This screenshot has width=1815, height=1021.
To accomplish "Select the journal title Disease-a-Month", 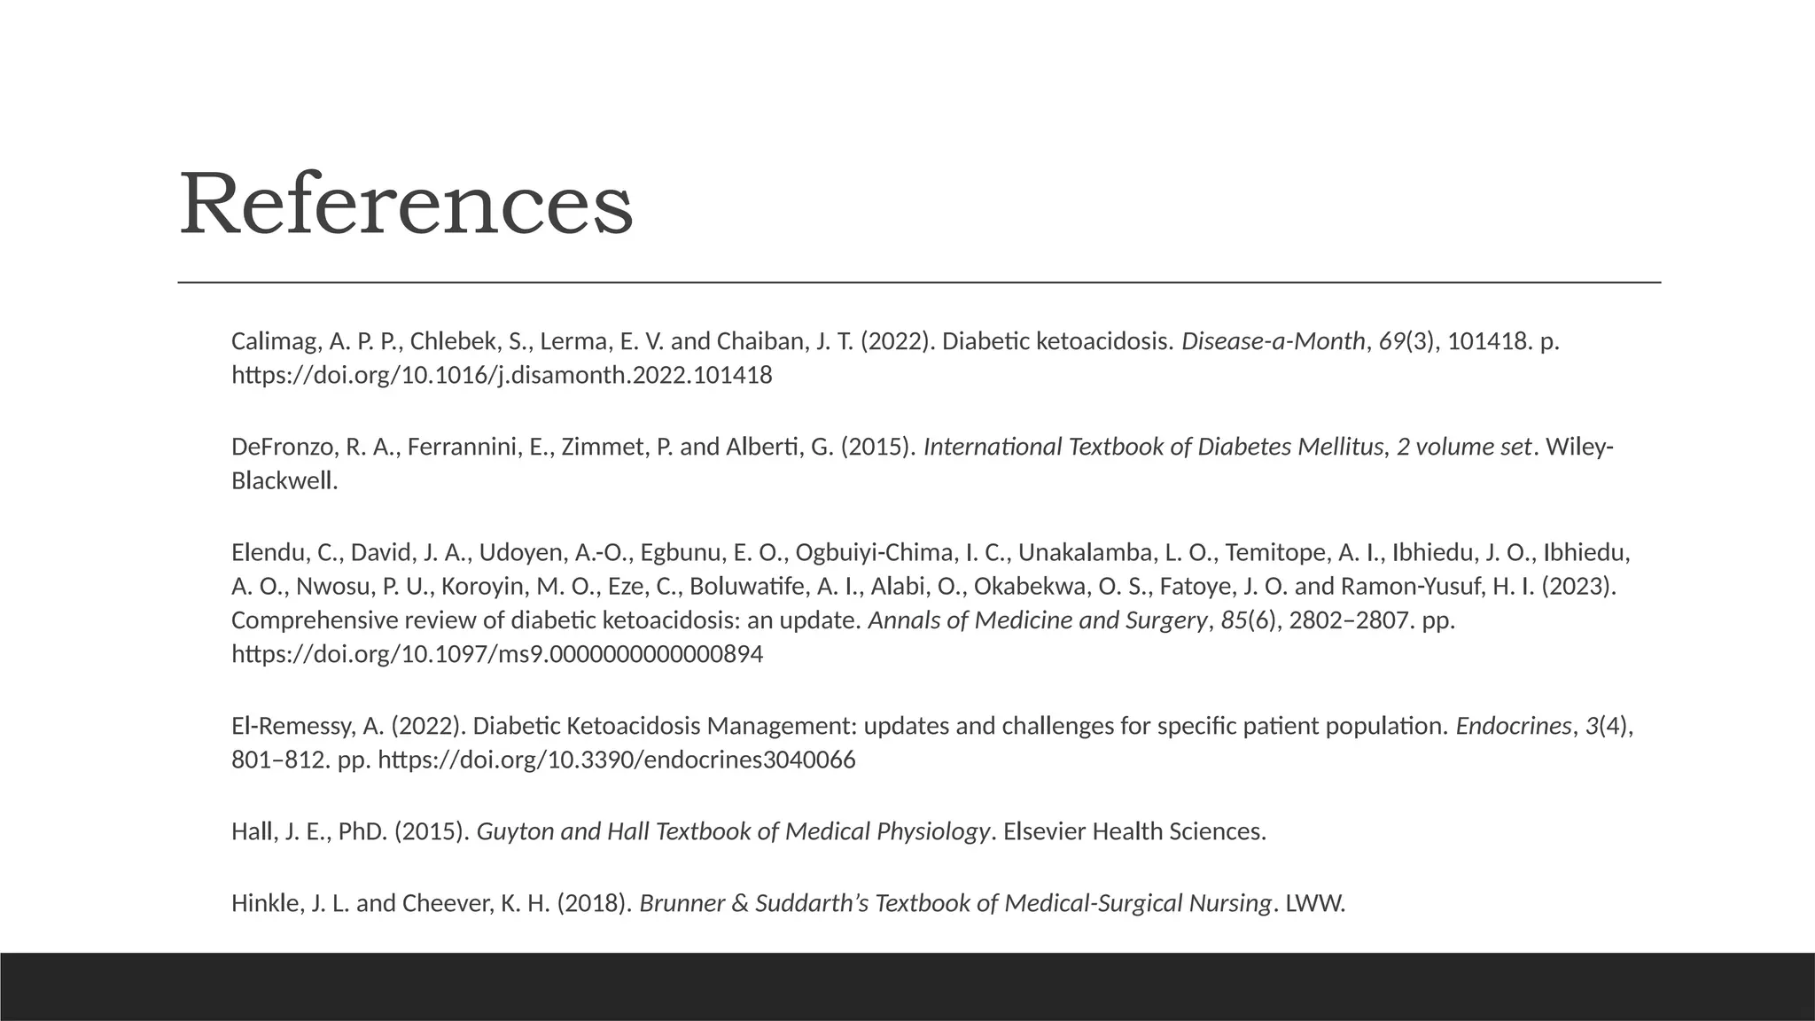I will click(x=1273, y=341).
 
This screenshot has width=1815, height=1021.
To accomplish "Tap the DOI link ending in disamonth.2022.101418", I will click(x=502, y=375).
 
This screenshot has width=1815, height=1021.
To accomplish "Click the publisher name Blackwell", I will click(x=284, y=480).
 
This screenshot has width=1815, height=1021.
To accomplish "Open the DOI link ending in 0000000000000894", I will click(x=497, y=654).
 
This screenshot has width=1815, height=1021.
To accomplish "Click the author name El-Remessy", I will click(x=292, y=727).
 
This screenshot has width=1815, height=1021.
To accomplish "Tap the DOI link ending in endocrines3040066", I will click(x=617, y=760).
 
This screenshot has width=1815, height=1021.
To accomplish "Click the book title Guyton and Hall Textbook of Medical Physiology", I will click(x=733, y=832).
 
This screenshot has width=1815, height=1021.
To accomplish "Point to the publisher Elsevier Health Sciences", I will click(x=1134, y=832).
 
